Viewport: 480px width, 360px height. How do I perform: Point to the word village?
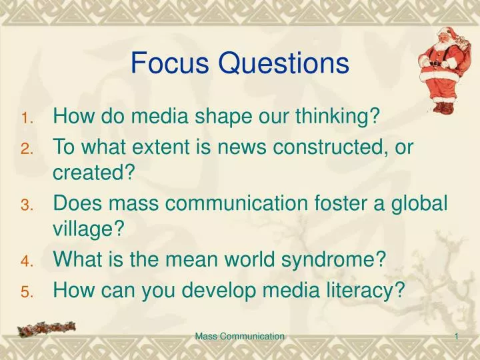pos(89,230)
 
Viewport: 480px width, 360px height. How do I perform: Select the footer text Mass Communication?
pos(240,337)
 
